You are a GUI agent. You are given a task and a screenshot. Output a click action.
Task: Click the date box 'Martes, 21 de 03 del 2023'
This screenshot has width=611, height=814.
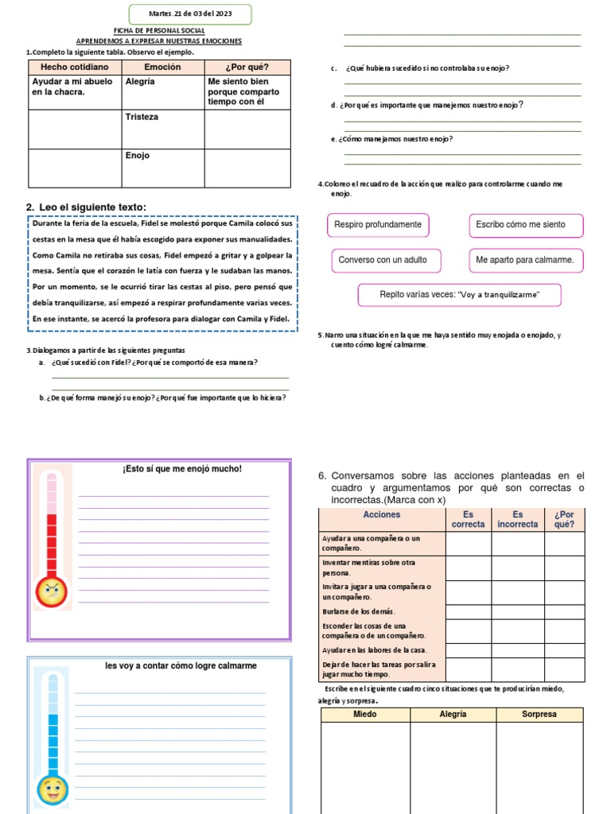(189, 14)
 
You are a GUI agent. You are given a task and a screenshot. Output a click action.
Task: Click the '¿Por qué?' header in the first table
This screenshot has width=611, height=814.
(247, 67)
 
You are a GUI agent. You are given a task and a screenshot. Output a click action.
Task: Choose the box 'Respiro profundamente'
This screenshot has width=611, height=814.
(378, 225)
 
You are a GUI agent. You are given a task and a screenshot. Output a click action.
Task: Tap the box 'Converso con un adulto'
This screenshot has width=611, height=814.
(383, 260)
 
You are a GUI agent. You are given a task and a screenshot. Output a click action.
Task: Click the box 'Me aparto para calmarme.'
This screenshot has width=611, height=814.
(524, 260)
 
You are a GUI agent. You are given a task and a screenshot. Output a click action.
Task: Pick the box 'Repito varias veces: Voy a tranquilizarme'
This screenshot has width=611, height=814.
(460, 295)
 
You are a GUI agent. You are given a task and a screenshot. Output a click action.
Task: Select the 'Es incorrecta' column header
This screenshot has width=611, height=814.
(517, 519)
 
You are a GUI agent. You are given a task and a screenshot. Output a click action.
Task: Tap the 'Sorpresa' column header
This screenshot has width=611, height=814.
(539, 715)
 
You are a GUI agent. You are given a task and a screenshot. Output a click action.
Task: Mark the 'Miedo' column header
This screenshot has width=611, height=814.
(365, 715)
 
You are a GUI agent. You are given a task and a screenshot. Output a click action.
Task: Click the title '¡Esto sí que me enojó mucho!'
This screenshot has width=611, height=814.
(182, 469)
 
